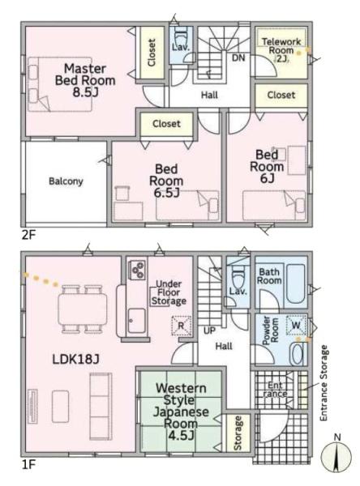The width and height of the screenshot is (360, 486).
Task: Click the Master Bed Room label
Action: (85, 80)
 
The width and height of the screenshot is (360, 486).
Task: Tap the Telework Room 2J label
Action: (281, 50)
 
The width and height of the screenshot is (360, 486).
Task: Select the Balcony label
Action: (66, 181)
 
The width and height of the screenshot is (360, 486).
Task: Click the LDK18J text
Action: (75, 359)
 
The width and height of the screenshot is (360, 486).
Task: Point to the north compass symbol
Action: (336, 457)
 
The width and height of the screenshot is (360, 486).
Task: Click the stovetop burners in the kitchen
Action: (138, 270)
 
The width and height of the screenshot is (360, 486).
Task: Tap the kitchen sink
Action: (136, 321)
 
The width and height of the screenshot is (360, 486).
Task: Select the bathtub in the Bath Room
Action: (295, 283)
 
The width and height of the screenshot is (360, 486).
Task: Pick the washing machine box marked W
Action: (296, 325)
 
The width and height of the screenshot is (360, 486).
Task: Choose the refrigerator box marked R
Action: (181, 326)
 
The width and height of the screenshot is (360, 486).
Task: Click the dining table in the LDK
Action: (83, 309)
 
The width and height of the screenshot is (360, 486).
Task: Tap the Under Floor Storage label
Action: (169, 292)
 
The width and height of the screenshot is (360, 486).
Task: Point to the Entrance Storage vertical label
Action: (324, 383)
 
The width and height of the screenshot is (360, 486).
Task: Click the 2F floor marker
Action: (28, 235)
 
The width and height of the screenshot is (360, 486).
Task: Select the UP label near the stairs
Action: (209, 330)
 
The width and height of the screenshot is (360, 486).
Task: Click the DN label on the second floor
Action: (238, 58)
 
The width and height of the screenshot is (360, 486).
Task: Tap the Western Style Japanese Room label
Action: (181, 411)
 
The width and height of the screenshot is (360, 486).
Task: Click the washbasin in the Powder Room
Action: (298, 354)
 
